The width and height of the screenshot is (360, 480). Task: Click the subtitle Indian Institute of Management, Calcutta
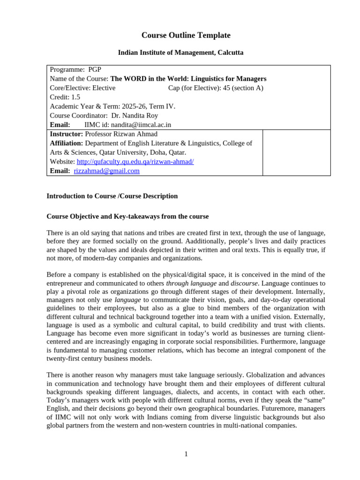click(x=180, y=52)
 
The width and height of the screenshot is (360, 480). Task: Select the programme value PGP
click(x=95, y=69)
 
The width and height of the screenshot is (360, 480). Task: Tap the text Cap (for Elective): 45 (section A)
click(x=216, y=88)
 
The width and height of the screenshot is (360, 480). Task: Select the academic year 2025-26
click(x=135, y=106)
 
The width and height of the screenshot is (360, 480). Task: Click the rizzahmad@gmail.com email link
click(x=106, y=171)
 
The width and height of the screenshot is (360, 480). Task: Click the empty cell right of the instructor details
click(x=296, y=152)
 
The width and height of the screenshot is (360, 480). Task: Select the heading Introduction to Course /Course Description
click(x=112, y=196)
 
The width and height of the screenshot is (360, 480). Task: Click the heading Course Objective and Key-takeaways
click(x=127, y=217)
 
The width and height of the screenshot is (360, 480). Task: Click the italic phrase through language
click(x=191, y=283)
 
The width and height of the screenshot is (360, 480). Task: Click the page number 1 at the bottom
click(x=186, y=454)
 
